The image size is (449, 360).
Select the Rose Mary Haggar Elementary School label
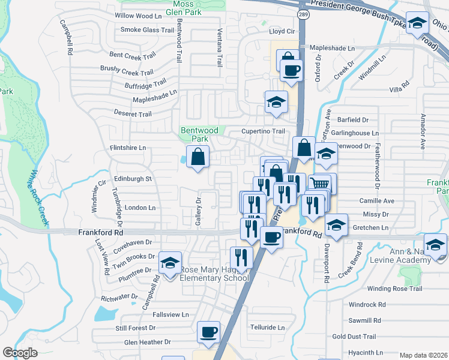(215, 273)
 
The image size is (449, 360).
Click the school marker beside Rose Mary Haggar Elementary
(170, 263)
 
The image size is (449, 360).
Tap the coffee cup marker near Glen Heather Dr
(208, 332)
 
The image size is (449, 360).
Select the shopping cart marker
(321, 184)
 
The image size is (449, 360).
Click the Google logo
(20, 352)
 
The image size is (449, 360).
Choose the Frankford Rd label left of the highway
(100, 232)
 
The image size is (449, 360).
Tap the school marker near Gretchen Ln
(337, 226)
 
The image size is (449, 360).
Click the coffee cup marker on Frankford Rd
(271, 238)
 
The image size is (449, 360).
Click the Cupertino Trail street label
(263, 131)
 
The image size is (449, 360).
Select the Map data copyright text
(424, 355)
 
